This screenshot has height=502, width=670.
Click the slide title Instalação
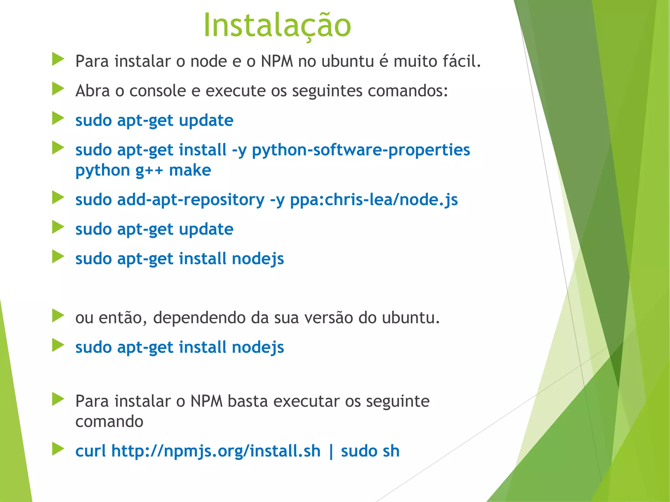(277, 25)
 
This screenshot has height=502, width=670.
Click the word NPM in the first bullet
(277, 61)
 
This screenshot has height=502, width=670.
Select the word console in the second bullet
(158, 91)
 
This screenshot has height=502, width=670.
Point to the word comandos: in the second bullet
(408, 91)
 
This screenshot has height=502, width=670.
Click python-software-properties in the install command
(361, 150)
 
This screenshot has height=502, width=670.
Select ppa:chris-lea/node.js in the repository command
(374, 200)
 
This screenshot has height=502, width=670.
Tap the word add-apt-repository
(191, 200)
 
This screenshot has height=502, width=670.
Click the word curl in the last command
(91, 451)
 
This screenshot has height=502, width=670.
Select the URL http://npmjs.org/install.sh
(216, 451)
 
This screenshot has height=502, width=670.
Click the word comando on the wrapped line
(109, 422)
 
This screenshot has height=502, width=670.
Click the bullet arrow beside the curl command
(58, 449)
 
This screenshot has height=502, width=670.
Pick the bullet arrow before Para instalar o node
(58, 60)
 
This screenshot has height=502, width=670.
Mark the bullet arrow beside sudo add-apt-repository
(58, 198)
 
